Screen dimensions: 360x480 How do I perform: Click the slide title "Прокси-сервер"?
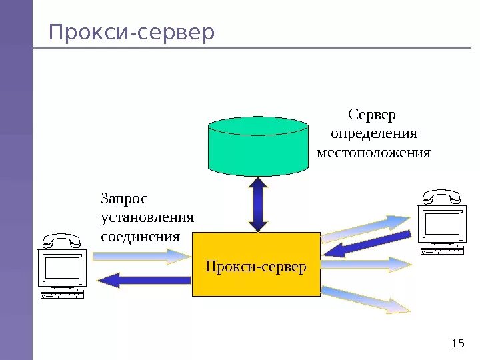pos(132,32)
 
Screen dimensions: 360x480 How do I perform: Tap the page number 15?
pos(457,343)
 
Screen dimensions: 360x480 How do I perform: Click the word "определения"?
pos(374,134)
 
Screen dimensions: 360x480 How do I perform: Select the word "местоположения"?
pos(373,153)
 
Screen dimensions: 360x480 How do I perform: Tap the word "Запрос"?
pos(124,199)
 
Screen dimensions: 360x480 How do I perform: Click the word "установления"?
pos(147,217)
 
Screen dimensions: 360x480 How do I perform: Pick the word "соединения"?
pos(140,237)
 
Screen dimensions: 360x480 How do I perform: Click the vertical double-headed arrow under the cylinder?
pos(258,204)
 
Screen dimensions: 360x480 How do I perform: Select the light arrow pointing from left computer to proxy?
pos(141,255)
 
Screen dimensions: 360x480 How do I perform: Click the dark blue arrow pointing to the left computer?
pos(143,280)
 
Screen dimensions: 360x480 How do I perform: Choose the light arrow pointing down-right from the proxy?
pos(366,299)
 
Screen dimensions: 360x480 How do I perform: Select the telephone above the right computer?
pos(441,196)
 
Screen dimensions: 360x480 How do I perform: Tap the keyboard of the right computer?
pos(441,251)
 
